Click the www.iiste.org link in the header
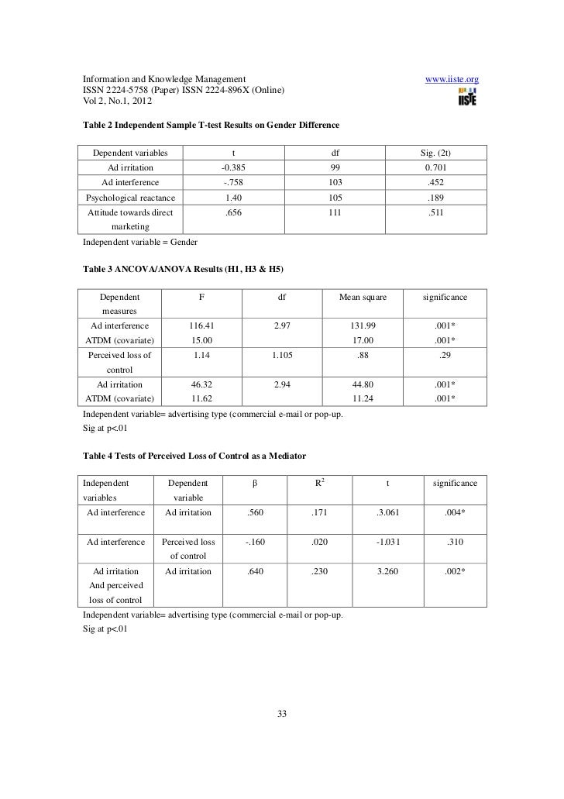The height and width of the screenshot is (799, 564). click(452, 79)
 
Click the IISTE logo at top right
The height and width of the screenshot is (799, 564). click(466, 97)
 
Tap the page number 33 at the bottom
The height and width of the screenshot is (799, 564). click(282, 714)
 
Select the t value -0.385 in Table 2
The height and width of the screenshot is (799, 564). click(235, 167)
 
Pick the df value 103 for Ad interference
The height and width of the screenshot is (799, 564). click(335, 183)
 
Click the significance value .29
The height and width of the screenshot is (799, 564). click(445, 356)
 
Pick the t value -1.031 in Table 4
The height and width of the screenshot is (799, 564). click(387, 542)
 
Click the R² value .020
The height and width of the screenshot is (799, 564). click(320, 542)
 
